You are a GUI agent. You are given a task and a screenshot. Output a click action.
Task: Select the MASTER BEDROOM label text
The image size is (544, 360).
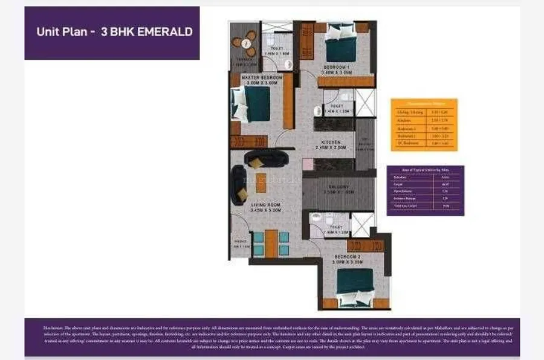262,78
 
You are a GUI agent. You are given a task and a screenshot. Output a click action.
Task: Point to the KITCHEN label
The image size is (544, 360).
331,142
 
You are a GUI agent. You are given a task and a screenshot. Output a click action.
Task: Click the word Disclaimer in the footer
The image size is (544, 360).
54,327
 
